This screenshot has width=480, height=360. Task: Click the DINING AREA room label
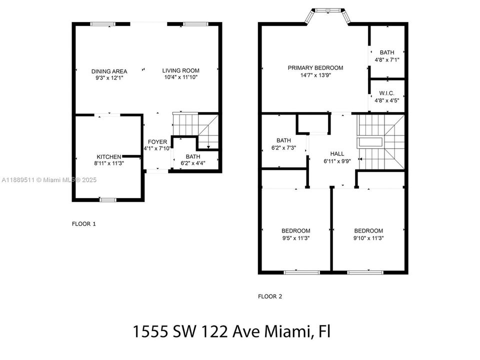[109, 71]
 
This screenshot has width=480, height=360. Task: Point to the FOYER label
[157, 142]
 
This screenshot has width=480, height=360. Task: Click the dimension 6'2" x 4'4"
[193, 162]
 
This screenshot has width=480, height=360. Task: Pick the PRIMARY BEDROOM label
[315, 68]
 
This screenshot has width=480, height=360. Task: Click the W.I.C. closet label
[386, 92]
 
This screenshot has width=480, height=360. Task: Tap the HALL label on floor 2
[337, 153]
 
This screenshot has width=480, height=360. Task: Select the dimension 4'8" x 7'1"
[386, 60]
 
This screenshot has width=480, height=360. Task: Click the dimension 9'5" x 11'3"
[295, 238]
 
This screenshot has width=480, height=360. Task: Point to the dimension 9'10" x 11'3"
[368, 238]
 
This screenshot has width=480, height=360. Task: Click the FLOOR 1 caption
[84, 224]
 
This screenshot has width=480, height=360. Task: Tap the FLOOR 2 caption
[270, 296]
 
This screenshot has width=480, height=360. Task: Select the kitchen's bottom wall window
[107, 200]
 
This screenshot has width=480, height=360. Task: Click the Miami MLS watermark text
[49, 180]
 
